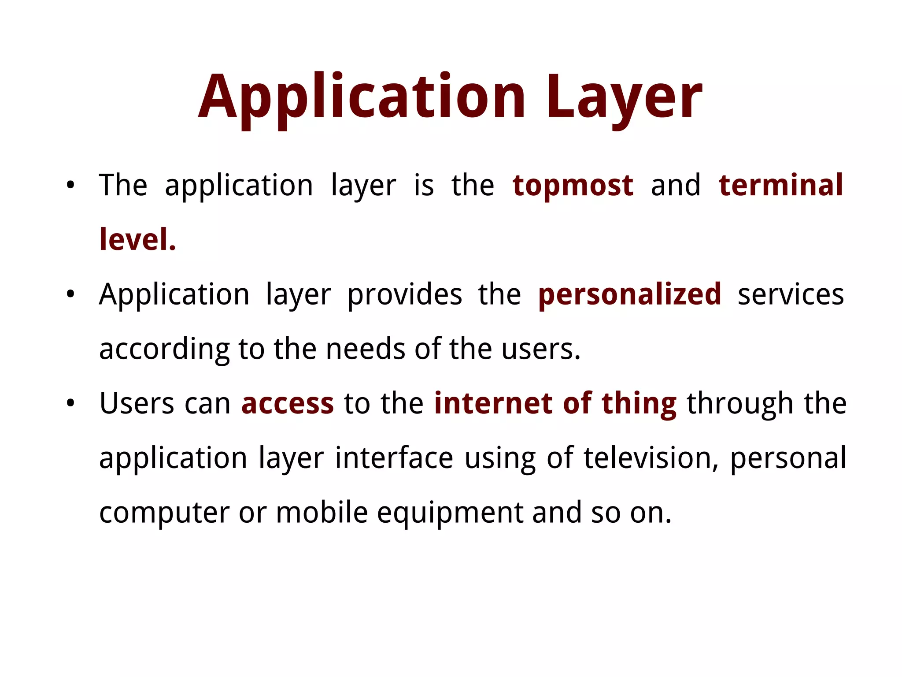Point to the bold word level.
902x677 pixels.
coord(137,240)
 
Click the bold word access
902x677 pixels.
coord(288,403)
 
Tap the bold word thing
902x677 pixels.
coord(639,403)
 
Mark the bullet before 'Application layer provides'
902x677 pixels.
coord(70,294)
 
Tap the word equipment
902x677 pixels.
coord(450,513)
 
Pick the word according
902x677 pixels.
coord(164,349)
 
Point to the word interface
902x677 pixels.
coord(394,458)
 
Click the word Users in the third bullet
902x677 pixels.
coord(137,403)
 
